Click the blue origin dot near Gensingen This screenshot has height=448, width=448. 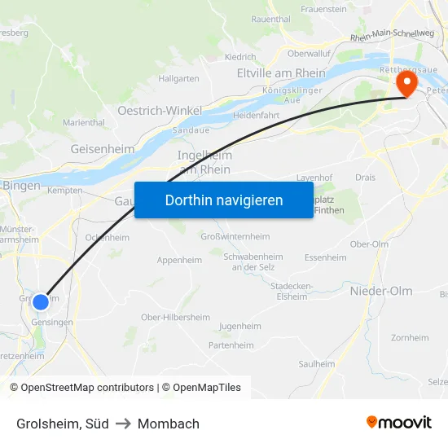pyautogui.click(x=40, y=302)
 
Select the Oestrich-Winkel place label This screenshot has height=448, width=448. pyautogui.click(x=160, y=110)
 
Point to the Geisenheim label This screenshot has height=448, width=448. pyautogui.click(x=103, y=149)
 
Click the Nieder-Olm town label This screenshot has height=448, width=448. pyautogui.click(x=381, y=291)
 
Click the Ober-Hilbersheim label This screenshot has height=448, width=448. pyautogui.click(x=175, y=317)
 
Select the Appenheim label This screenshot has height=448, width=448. pyautogui.click(x=179, y=261)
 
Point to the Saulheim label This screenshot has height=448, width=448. pyautogui.click(x=316, y=364)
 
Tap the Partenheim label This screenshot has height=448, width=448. pyautogui.click(x=231, y=345)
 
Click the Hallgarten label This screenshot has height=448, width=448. pyautogui.click(x=179, y=79)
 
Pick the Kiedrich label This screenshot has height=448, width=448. pyautogui.click(x=239, y=58)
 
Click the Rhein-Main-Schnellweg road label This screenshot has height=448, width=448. pyautogui.click(x=392, y=35)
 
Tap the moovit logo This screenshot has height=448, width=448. pyautogui.click(x=398, y=423)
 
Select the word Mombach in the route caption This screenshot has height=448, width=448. pyautogui.click(x=169, y=424)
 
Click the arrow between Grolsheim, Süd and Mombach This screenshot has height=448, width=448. pyautogui.click(x=123, y=424)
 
